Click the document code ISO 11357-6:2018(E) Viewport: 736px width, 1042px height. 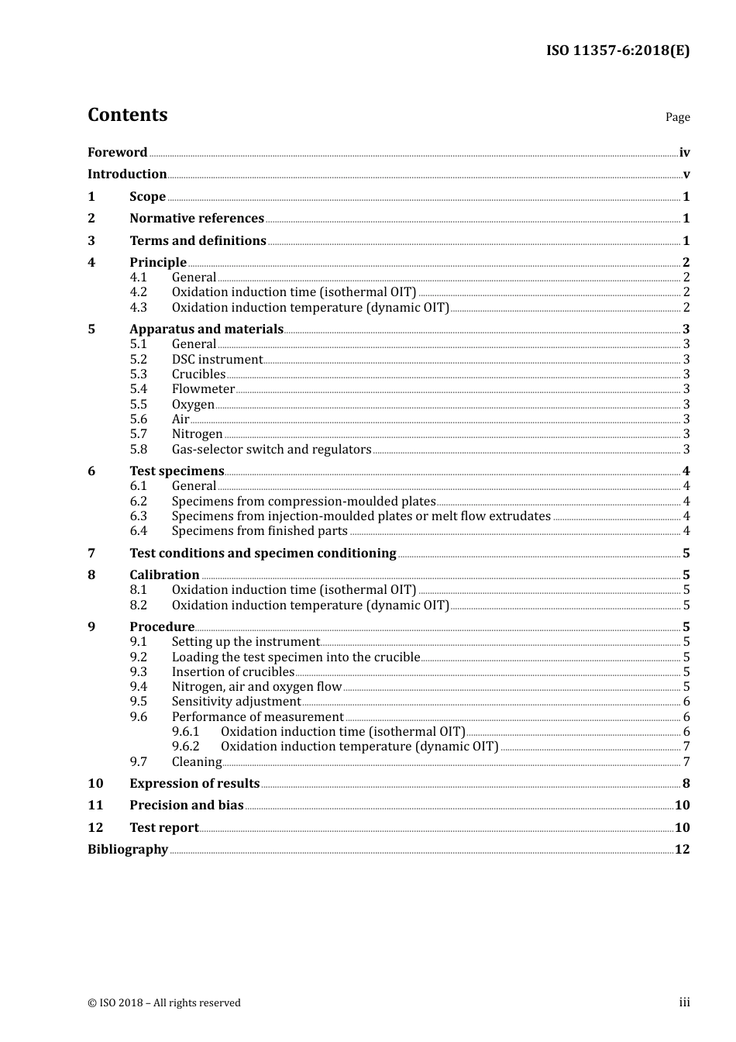[617, 50]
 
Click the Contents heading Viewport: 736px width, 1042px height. [127, 115]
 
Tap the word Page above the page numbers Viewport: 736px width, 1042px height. [677, 117]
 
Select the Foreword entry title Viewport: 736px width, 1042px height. [117, 153]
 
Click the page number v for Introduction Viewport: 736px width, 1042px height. [686, 174]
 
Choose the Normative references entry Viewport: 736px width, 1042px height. [197, 219]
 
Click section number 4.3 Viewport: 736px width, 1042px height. [138, 307]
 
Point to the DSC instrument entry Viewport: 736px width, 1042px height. [217, 360]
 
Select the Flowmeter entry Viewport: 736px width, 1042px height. [203, 389]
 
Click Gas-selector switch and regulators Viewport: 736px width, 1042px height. [271, 450]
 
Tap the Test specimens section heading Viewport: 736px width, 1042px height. [177, 471]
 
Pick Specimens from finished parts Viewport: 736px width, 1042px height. [260, 531]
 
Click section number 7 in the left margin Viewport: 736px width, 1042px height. [91, 554]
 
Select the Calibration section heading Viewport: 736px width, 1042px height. [164, 575]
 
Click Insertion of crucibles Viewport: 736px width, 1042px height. [232, 672]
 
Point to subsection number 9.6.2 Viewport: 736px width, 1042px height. [185, 747]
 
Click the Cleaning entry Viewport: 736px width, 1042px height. [197, 762]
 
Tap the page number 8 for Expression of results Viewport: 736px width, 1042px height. [686, 784]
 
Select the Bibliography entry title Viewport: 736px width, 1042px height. [128, 850]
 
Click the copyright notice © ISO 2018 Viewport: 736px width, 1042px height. [163, 1003]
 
